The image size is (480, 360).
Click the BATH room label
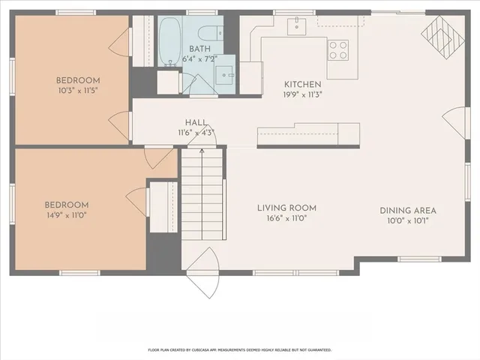tap(199, 49)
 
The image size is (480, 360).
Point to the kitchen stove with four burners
tap(339, 49)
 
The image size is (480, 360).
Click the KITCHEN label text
tap(302, 84)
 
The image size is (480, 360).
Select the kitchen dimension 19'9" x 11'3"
tap(302, 94)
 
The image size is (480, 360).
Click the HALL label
tap(196, 122)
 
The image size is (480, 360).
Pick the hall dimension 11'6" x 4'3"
tap(196, 133)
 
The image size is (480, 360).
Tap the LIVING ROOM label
tap(286, 208)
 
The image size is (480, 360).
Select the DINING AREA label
tap(408, 211)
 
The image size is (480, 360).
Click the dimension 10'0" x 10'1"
tap(408, 221)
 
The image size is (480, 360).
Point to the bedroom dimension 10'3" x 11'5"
tap(78, 90)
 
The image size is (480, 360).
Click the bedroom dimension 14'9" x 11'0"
tap(66, 215)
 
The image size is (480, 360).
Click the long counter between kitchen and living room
tap(307, 135)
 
